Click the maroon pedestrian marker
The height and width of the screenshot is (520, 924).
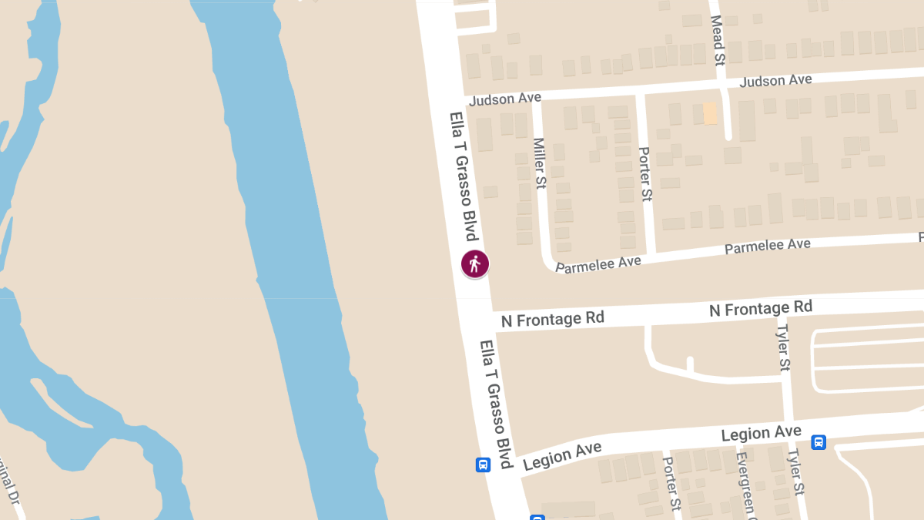[x=475, y=264]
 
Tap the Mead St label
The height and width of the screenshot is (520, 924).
[x=718, y=40]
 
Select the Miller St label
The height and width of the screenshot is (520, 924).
[x=540, y=164]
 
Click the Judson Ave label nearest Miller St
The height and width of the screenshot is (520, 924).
[x=504, y=99]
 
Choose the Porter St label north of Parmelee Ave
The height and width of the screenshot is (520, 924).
[x=645, y=174]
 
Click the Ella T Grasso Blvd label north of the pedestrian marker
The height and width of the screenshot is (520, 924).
[x=464, y=176]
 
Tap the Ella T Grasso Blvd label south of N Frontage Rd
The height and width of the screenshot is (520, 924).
[x=496, y=404]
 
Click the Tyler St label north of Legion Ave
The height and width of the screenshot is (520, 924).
[x=783, y=347]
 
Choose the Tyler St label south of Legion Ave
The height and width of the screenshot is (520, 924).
[x=795, y=472]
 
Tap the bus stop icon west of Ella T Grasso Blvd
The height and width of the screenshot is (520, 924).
[x=483, y=465]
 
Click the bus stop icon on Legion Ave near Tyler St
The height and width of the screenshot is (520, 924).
[x=819, y=442]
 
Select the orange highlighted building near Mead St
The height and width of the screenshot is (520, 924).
[x=710, y=114]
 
